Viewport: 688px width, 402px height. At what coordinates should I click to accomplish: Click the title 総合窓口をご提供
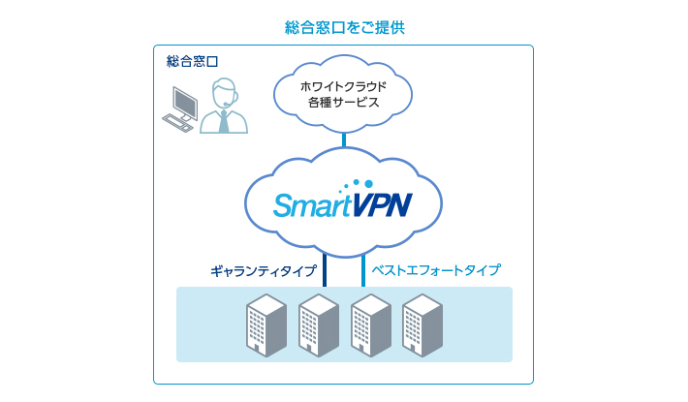point(344,27)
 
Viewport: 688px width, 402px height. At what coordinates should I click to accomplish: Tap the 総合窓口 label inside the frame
point(192,61)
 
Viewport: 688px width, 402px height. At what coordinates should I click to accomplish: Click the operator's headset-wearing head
point(224,93)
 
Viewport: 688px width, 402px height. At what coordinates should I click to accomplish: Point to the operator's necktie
point(224,120)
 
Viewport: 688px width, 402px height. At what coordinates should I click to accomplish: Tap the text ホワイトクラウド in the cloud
point(343,85)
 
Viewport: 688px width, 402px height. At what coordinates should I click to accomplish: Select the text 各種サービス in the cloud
point(343,102)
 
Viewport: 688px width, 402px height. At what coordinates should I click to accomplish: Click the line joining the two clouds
point(344,139)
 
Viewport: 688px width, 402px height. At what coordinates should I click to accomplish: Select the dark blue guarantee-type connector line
point(324,268)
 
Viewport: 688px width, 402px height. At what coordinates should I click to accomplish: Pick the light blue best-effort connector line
point(363,268)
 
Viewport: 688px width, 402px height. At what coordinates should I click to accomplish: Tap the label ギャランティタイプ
point(263,270)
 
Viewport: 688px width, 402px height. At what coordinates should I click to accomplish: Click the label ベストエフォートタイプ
point(436,270)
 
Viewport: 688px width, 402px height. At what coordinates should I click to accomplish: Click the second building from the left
point(317,325)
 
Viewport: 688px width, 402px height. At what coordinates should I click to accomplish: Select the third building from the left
point(370,325)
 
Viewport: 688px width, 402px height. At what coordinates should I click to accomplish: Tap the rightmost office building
point(422,325)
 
